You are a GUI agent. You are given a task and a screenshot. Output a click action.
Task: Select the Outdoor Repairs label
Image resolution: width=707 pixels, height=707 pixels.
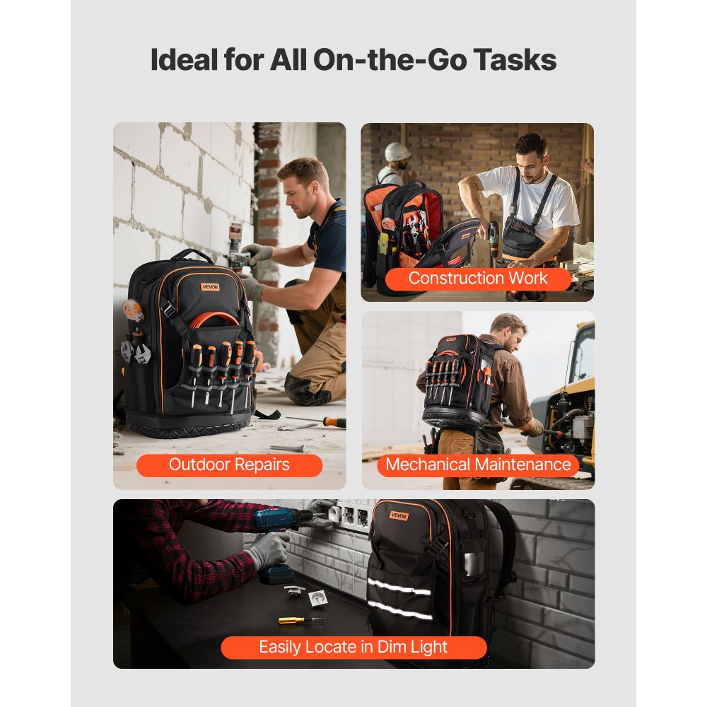229,465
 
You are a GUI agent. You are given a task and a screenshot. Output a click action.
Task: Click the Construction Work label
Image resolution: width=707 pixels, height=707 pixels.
478,279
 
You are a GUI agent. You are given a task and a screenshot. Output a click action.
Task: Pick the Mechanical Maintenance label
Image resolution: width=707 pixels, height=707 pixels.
478,464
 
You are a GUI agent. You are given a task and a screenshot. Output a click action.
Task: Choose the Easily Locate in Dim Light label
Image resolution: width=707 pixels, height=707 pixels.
353,647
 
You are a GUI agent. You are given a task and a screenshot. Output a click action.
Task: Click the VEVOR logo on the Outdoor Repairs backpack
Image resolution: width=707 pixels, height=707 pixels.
210,286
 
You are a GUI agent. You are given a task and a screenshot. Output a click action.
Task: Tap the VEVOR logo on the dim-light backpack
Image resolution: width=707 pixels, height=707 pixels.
399,515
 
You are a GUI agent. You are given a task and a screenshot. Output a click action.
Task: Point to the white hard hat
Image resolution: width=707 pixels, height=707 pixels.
397,152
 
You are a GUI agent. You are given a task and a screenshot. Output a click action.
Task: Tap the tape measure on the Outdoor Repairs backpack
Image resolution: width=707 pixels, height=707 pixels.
133,310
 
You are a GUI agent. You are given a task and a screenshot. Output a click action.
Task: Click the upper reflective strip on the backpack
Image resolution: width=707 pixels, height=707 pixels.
399,587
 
